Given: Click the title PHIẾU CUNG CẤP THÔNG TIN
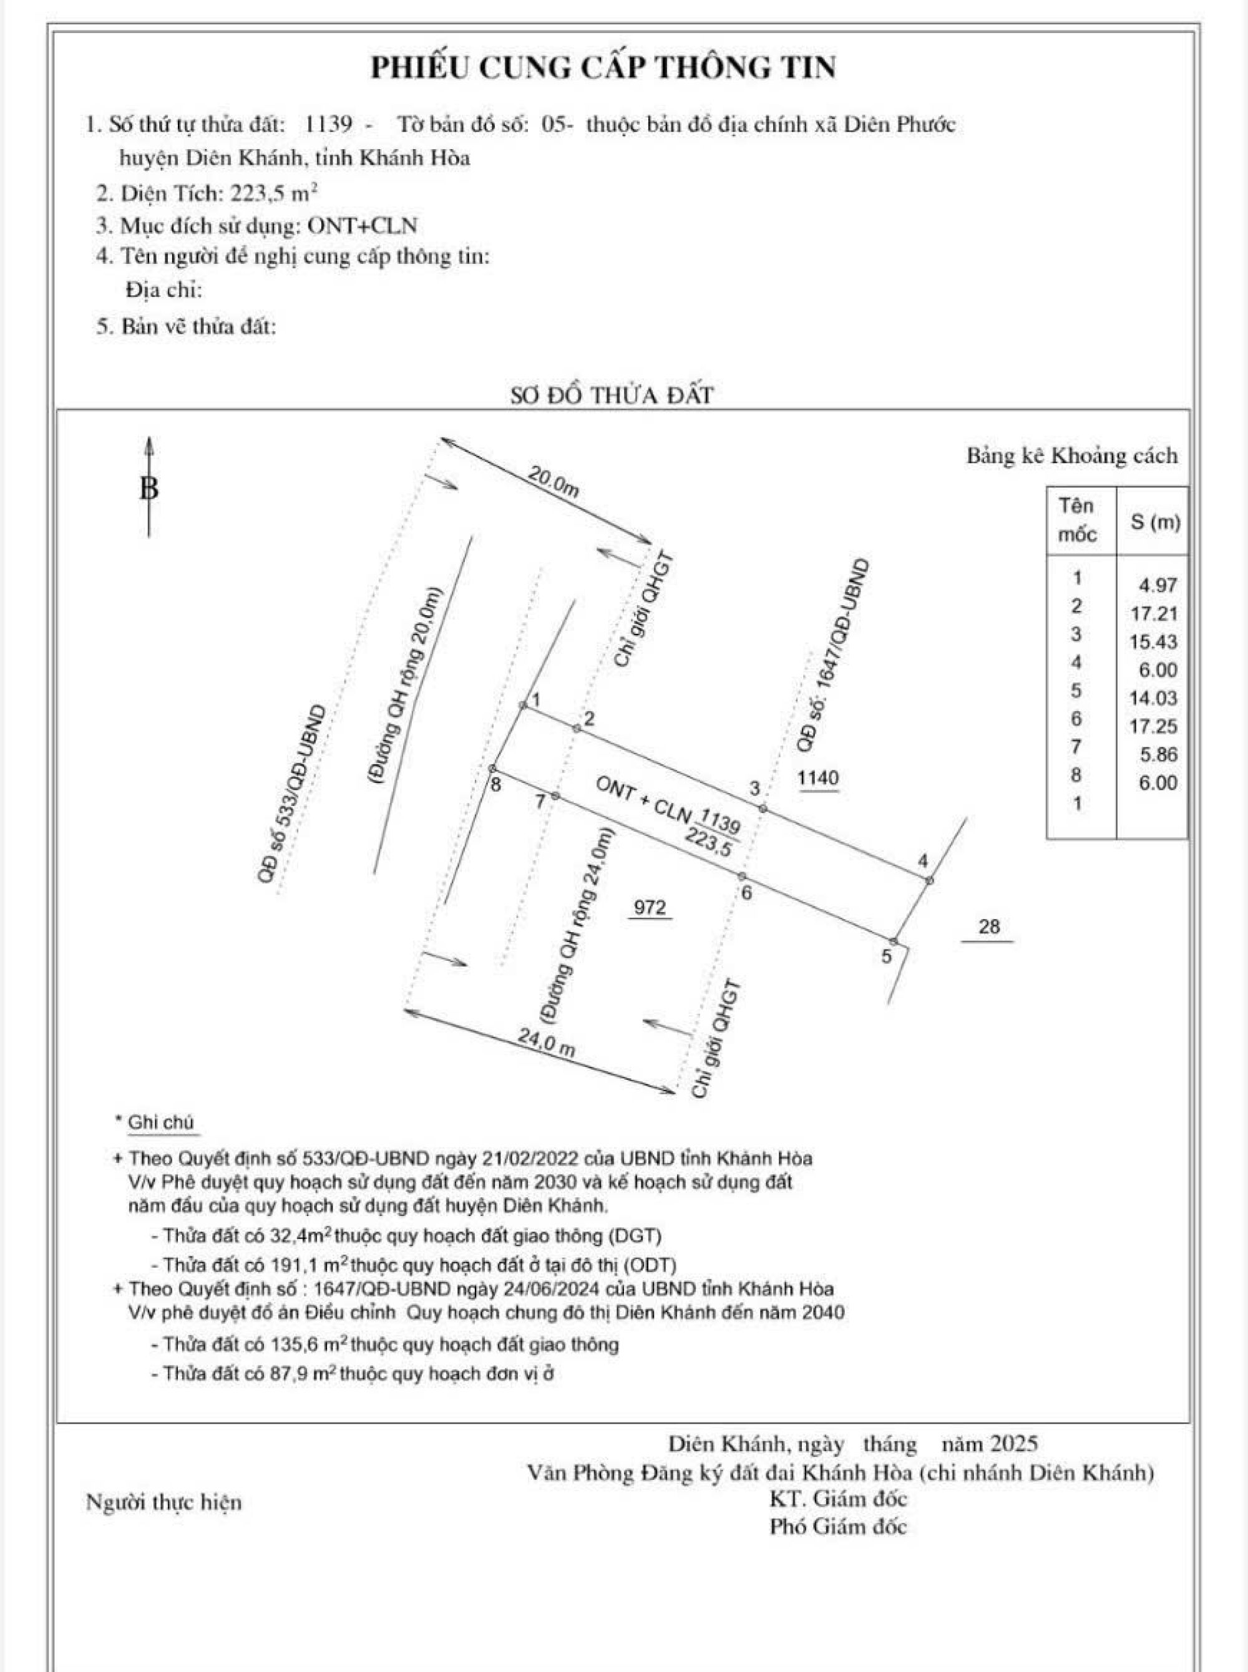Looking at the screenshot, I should (x=603, y=68).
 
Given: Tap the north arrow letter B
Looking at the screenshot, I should (x=150, y=488).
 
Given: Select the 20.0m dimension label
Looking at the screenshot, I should (x=553, y=482).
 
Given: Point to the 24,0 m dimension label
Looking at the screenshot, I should (x=546, y=1044).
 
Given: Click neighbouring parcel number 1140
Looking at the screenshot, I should (x=818, y=777).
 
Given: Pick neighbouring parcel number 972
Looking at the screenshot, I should (x=650, y=906).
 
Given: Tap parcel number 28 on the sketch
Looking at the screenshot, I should (x=988, y=926).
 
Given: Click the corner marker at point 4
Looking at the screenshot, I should (x=929, y=880).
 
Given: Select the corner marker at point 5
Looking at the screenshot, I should (x=894, y=941).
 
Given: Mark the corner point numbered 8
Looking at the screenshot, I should (x=492, y=768).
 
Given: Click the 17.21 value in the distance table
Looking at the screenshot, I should (x=1154, y=614).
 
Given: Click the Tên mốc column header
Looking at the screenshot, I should (x=1077, y=520).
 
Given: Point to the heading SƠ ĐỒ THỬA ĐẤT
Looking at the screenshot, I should (x=611, y=395).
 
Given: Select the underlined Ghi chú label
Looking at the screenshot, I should (x=161, y=1122).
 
